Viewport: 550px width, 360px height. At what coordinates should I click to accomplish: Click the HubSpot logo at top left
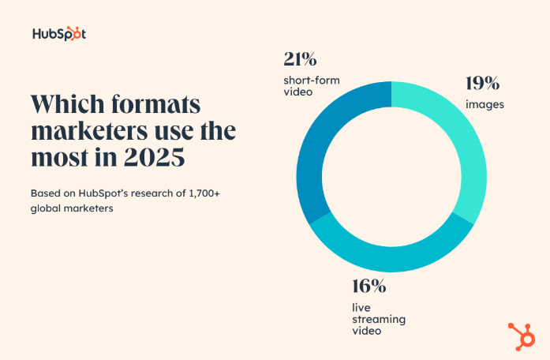59,34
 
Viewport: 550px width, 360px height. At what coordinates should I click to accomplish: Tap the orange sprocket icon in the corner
521,336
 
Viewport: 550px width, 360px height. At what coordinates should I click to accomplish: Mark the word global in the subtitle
45,208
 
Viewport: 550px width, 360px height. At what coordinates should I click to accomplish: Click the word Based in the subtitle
45,193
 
